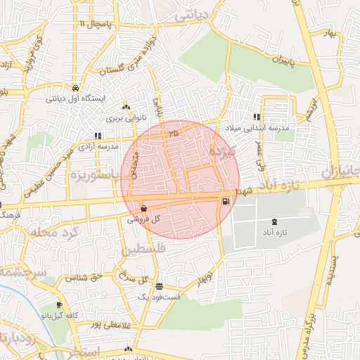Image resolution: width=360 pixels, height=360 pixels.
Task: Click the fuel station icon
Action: tap(225, 202)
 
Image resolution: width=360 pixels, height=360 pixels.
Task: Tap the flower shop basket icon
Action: tap(143, 208)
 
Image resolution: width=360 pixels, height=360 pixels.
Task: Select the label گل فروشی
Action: tap(143, 219)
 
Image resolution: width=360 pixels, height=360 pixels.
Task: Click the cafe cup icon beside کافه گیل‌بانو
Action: tap(59, 304)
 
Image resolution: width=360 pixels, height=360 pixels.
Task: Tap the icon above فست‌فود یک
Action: tap(159, 286)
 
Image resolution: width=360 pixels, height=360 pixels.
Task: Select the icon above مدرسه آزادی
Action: tap(98, 136)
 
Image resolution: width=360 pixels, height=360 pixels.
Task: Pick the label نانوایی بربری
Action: tap(124, 117)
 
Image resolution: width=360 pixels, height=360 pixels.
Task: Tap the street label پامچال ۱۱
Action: tap(96, 25)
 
